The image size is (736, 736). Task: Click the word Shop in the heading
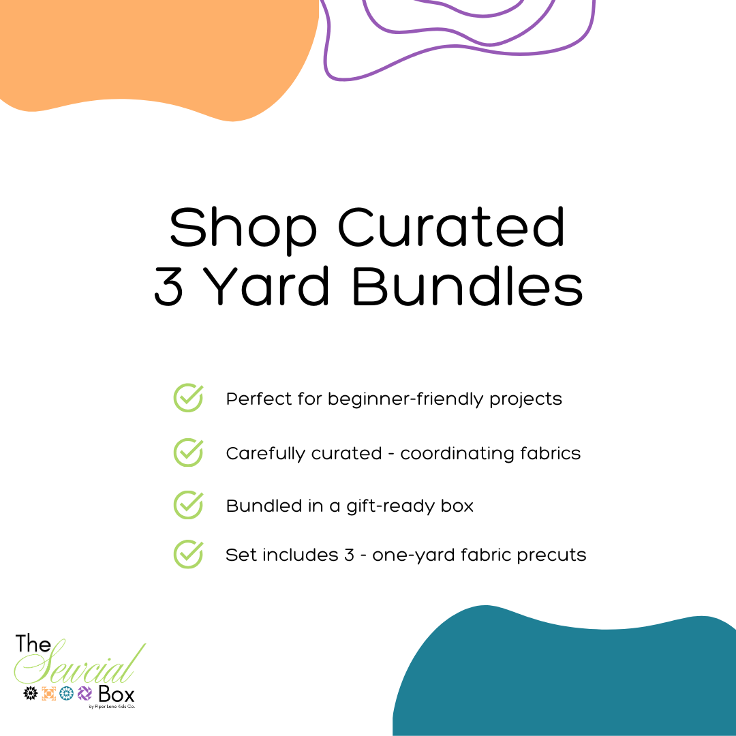point(243,231)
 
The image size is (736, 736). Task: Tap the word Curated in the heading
point(451,227)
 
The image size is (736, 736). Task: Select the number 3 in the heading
point(168,286)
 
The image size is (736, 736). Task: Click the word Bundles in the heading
point(467,286)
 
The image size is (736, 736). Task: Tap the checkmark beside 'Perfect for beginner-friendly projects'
point(188,398)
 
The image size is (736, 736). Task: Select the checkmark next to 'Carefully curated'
point(188,453)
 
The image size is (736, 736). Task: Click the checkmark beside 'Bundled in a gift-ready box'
point(188,505)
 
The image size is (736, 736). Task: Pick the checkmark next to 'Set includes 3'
point(188,554)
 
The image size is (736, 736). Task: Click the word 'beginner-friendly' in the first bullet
point(405,399)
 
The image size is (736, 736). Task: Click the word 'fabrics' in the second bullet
point(551,453)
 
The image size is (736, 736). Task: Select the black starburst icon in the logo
point(31,693)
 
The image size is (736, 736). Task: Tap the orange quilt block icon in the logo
point(49,693)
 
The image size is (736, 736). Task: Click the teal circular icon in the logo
point(67,693)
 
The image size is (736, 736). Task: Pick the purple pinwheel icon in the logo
point(85,693)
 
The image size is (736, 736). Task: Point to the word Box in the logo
point(117,694)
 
